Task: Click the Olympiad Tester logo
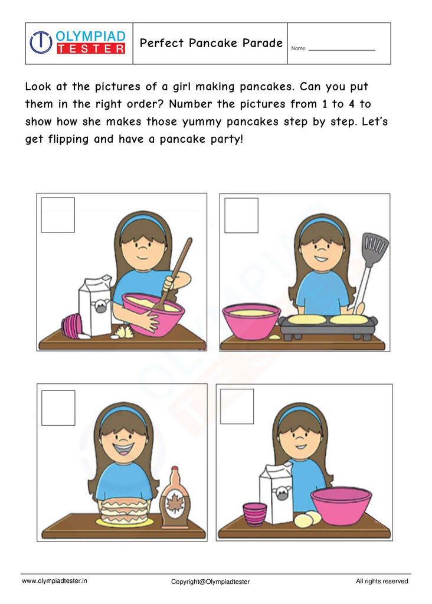tap(78, 43)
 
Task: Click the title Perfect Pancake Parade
tap(211, 44)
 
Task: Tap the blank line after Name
tap(342, 50)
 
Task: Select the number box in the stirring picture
tap(58, 215)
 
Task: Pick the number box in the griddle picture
tap(241, 215)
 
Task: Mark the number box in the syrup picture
tap(58, 408)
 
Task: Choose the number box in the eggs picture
tap(237, 406)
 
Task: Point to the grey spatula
tap(372, 260)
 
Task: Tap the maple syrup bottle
tap(175, 498)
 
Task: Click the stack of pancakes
tap(124, 510)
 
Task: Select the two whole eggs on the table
tap(307, 519)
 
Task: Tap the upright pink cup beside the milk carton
tap(255, 513)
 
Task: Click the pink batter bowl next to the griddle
tap(251, 321)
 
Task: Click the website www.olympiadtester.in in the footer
tap(54, 581)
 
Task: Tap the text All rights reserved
tap(382, 581)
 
